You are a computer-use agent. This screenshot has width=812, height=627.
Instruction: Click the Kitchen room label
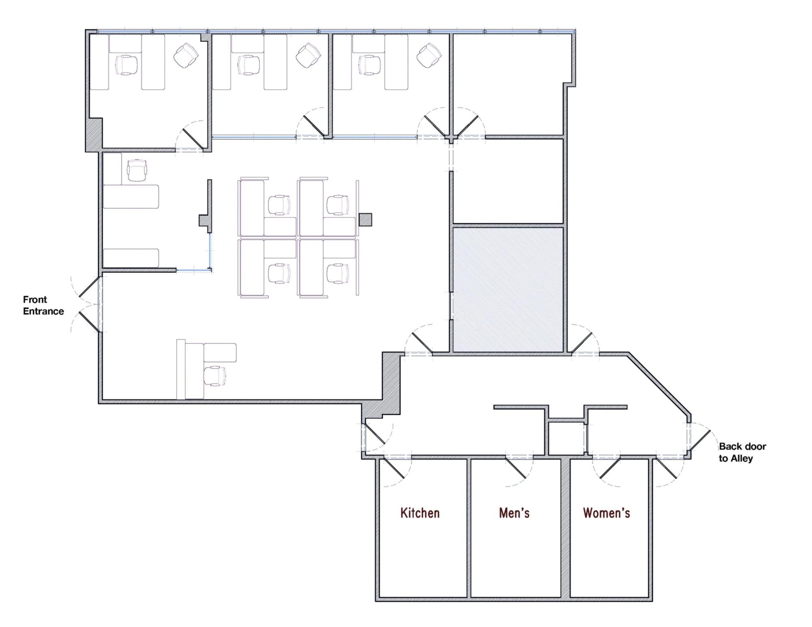tap(420, 513)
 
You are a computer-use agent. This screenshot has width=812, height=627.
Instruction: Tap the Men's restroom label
tap(514, 513)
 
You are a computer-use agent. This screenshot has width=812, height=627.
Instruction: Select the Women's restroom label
tap(606, 513)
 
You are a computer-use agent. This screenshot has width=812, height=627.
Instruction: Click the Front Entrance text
tap(43, 305)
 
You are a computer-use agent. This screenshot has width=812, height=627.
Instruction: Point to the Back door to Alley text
tap(742, 452)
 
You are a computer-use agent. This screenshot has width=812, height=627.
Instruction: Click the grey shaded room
tap(508, 289)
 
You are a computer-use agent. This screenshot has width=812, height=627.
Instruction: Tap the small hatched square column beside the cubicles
tap(365, 220)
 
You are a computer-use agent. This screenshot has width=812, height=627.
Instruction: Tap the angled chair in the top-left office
tap(186, 55)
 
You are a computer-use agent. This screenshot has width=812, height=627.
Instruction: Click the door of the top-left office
tap(193, 139)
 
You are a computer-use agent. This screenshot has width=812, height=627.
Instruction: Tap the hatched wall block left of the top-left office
tap(94, 134)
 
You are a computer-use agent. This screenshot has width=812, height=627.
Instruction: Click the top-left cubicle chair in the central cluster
tap(279, 205)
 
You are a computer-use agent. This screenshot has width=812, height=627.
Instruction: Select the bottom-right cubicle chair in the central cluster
tap(338, 274)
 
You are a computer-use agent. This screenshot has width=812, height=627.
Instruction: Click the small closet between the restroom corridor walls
tap(566, 438)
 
